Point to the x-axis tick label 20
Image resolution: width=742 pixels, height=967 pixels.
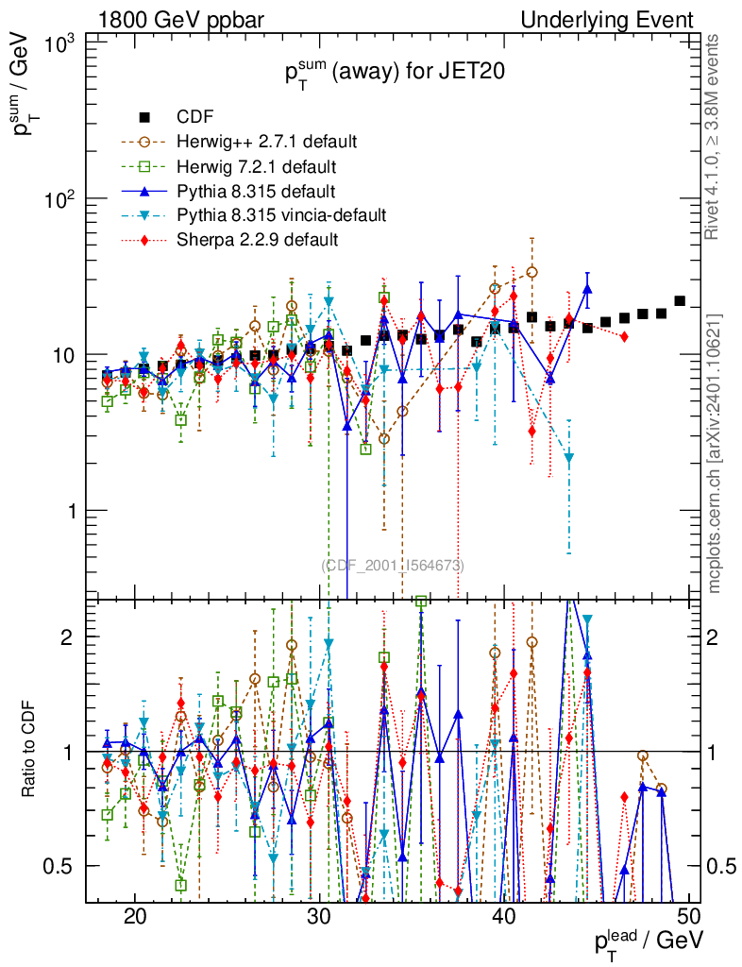(x=135, y=917)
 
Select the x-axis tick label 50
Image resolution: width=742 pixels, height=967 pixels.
(x=689, y=917)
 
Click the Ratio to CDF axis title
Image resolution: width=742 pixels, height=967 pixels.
(x=31, y=751)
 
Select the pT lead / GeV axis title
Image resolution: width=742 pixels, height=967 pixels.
(x=648, y=940)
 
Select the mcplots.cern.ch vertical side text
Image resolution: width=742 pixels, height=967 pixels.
(x=716, y=453)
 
